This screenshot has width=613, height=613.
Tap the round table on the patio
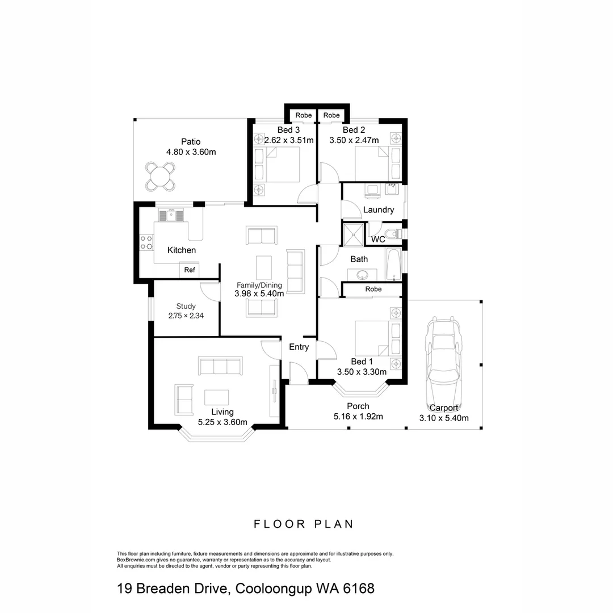coord(160,176)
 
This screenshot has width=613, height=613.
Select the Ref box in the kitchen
coord(190,270)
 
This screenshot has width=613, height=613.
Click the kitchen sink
coord(171,215)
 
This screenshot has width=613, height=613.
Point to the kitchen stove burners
coord(146,242)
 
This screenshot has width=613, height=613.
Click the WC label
coord(378,240)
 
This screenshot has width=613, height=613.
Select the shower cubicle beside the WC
coord(354,234)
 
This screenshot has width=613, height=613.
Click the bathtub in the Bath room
coord(393,264)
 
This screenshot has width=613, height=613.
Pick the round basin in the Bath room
coord(363,275)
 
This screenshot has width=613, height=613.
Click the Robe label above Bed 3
coord(304,115)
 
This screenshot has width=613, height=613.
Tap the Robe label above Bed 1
coord(373,289)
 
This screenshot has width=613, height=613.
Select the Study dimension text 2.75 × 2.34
coord(186,316)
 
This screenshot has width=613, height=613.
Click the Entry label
coord(299,347)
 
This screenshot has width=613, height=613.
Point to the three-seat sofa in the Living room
coord(220,366)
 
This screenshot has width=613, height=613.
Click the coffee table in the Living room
coord(217,397)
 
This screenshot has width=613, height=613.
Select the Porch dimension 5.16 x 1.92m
coord(358,417)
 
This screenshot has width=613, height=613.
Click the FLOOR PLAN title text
coord(303,524)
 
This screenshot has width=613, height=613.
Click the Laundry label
coord(379,210)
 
